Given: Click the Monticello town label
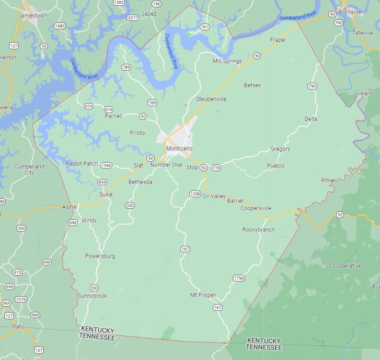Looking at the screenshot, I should pyautogui.click(x=179, y=149).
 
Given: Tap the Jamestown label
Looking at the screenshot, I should pyautogui.click(x=32, y=16).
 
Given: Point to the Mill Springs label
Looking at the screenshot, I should pyautogui.click(x=227, y=61).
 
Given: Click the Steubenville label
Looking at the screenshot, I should pyautogui.click(x=211, y=99).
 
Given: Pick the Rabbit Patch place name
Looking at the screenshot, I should pyautogui.click(x=82, y=164).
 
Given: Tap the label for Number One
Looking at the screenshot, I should pyautogui.click(x=166, y=165).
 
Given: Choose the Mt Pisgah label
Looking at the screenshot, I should pyautogui.click(x=203, y=295).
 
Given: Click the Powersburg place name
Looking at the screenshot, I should pyautogui.click(x=100, y=256).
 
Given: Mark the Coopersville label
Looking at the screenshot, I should pyautogui.click(x=256, y=208).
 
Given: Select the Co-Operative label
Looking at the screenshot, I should pyautogui.click(x=344, y=266).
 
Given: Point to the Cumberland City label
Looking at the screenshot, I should pyautogui.click(x=29, y=169).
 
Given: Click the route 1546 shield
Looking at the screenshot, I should pyautogui.click(x=107, y=165).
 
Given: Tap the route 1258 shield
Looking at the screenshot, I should pyautogui.click(x=195, y=194).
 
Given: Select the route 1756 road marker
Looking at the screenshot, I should pyautogui.click(x=239, y=278).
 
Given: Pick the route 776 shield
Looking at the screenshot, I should pyautogui.click(x=216, y=167).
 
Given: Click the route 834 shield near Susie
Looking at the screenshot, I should pyautogui.click(x=102, y=182).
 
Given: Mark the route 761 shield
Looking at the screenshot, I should pyautogui.click(x=204, y=27).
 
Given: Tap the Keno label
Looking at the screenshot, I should pyautogui.click(x=367, y=93).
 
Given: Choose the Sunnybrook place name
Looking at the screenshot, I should pyautogui.click(x=93, y=296).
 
